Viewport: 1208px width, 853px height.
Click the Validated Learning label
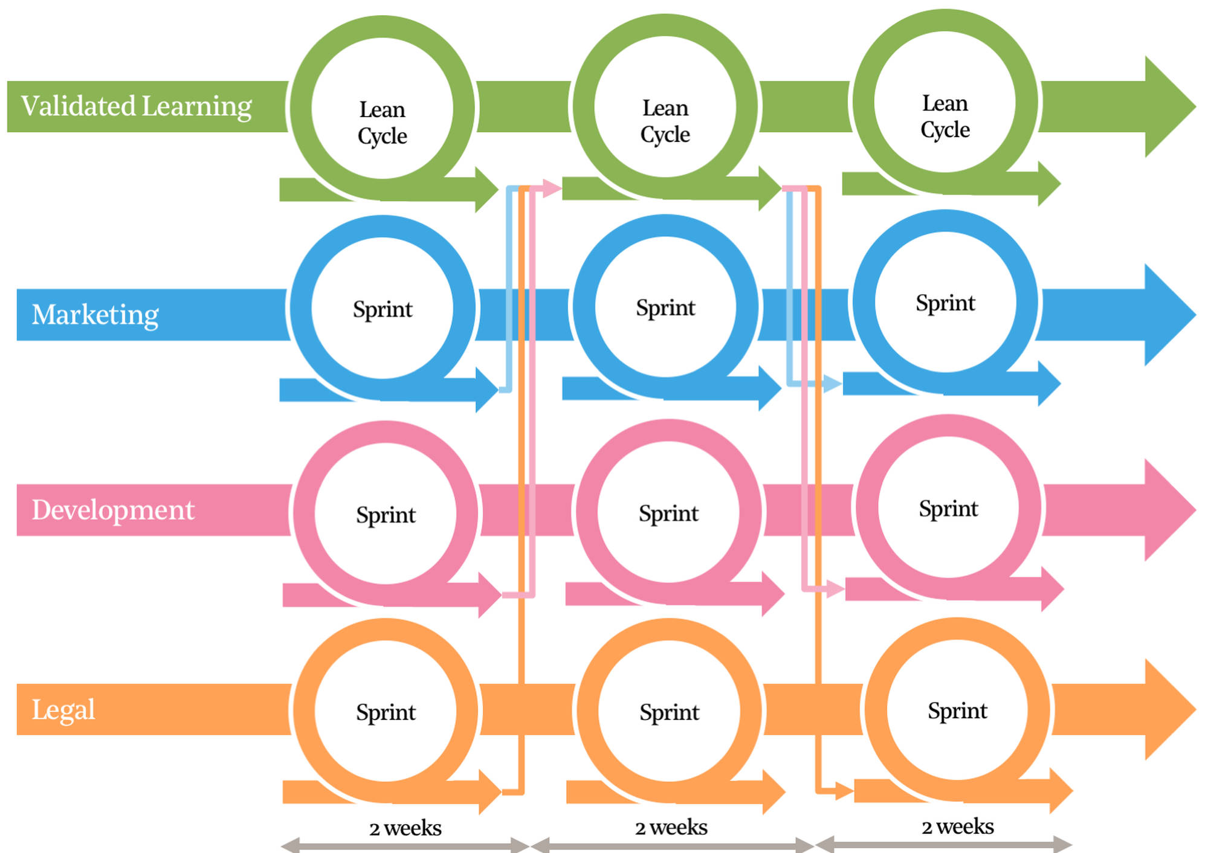click(137, 106)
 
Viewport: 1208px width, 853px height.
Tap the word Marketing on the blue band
click(95, 315)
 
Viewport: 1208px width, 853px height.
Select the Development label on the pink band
click(113, 510)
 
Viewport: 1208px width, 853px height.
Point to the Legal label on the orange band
click(63, 710)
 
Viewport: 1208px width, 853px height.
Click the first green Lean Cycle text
click(383, 123)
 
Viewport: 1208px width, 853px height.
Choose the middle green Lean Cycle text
click(665, 121)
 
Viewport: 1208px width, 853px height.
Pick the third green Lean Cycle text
click(945, 116)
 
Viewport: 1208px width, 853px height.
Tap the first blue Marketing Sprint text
click(383, 309)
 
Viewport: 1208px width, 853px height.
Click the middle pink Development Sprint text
click(668, 513)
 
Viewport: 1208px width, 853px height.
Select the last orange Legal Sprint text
click(958, 711)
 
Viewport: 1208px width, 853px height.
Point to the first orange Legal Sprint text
click(386, 712)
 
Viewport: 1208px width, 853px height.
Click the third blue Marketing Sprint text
click(945, 303)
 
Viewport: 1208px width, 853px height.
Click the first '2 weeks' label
click(405, 828)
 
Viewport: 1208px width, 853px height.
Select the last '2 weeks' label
click(958, 826)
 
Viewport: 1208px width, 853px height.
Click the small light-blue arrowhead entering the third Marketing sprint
click(832, 383)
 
